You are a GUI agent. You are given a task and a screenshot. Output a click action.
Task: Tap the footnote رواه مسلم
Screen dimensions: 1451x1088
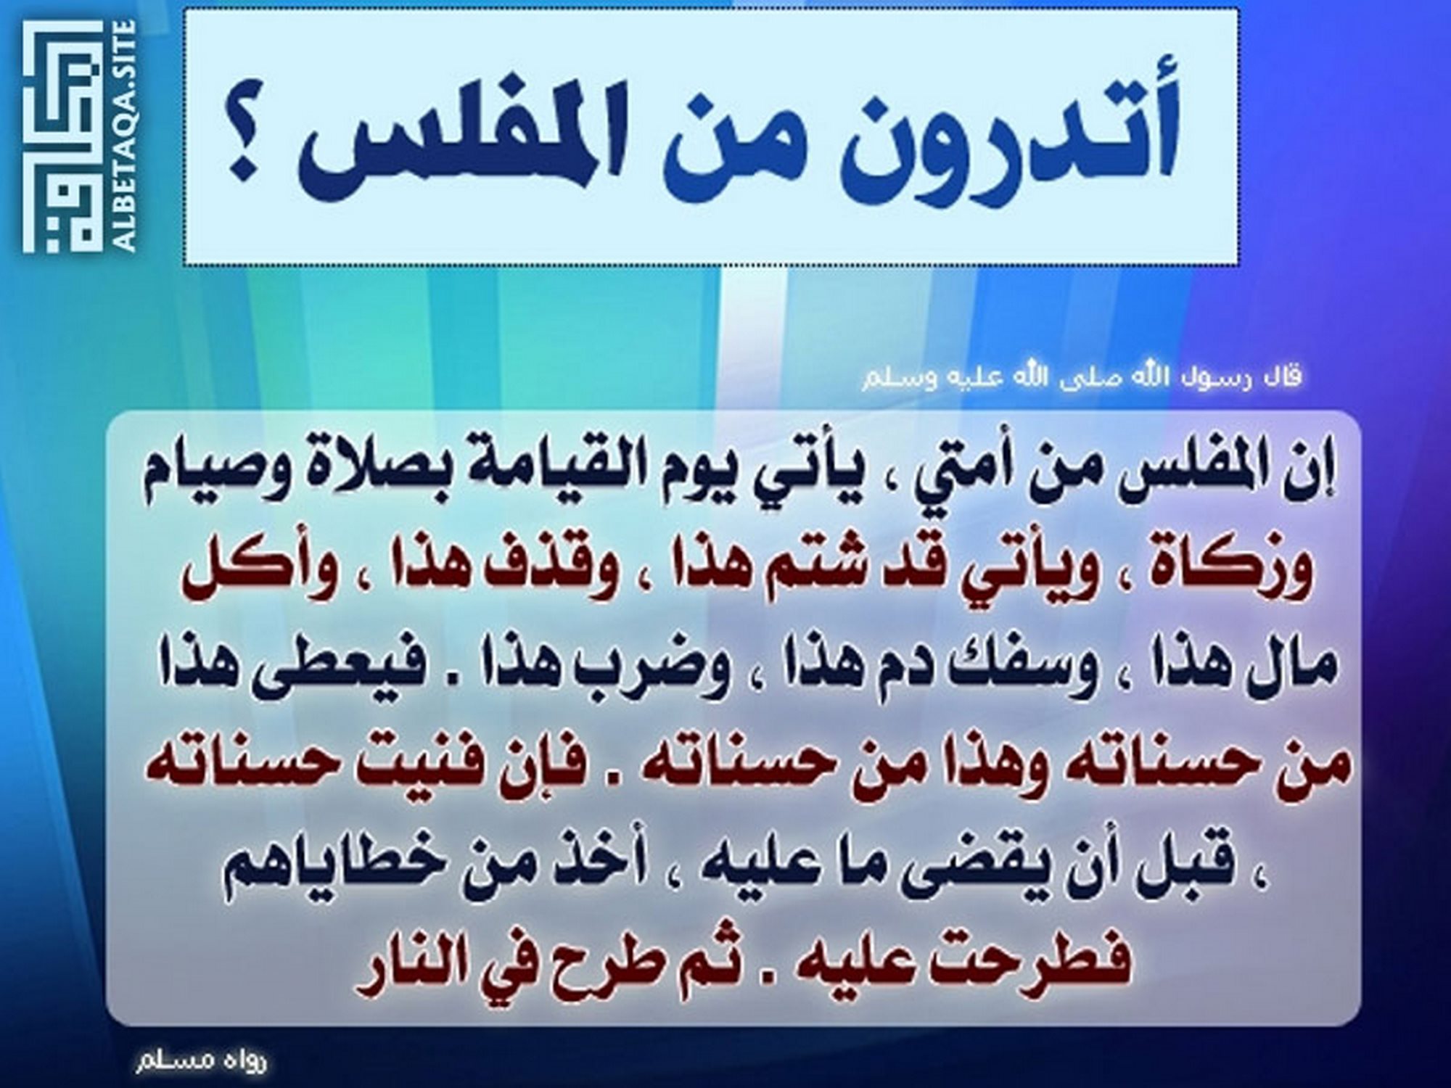pos(201,1060)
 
